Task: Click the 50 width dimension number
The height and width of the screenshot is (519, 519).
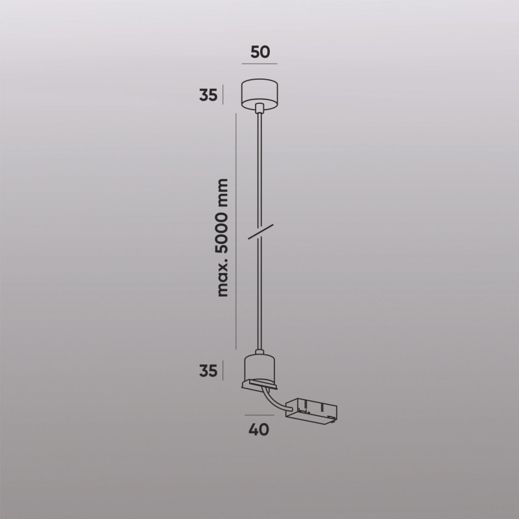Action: click(259, 52)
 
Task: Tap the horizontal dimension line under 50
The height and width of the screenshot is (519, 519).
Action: click(259, 64)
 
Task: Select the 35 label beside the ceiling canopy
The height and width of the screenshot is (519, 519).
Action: click(208, 95)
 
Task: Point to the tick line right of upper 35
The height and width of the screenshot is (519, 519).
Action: click(223, 95)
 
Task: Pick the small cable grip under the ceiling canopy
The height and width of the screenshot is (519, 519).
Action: click(259, 111)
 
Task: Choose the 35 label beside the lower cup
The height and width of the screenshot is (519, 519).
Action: click(208, 372)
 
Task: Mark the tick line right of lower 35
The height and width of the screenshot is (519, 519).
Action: click(223, 371)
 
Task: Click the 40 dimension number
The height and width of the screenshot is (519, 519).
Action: click(259, 429)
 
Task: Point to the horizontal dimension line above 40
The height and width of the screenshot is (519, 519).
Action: click(259, 413)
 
